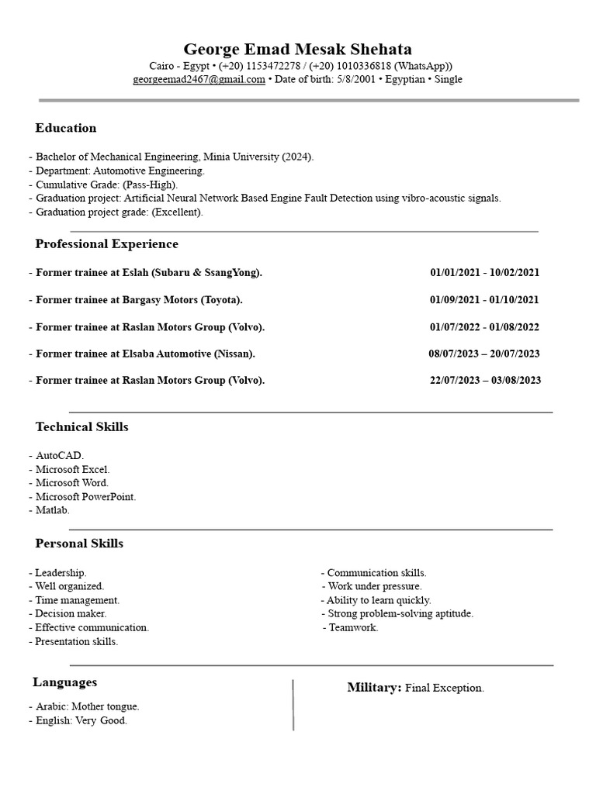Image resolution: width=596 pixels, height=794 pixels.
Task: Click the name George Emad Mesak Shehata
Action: coord(297,49)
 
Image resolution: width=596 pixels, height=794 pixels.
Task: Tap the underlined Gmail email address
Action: coord(199,79)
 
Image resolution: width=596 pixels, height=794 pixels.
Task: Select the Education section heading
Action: coord(66,128)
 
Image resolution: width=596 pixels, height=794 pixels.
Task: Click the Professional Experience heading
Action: coord(106,244)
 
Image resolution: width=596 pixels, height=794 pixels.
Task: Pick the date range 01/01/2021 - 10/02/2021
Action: coord(484,272)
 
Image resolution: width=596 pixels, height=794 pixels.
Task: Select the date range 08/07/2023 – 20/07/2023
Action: coord(484,354)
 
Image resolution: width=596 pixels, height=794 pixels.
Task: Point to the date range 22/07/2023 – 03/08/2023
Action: coord(485,380)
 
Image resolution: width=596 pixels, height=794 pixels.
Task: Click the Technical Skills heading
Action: coord(81,427)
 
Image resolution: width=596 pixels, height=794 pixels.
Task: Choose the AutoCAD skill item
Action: coord(59,455)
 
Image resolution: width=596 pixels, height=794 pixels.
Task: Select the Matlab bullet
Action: coord(52,510)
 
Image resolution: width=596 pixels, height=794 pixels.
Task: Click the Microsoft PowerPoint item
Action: coord(85,496)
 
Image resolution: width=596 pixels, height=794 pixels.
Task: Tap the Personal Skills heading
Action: coord(79,544)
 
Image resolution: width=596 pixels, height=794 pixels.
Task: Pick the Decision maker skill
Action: coord(65,613)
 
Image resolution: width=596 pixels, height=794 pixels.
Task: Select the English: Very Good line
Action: coord(81,720)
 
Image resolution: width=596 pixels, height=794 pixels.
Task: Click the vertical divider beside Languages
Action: coord(293,704)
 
